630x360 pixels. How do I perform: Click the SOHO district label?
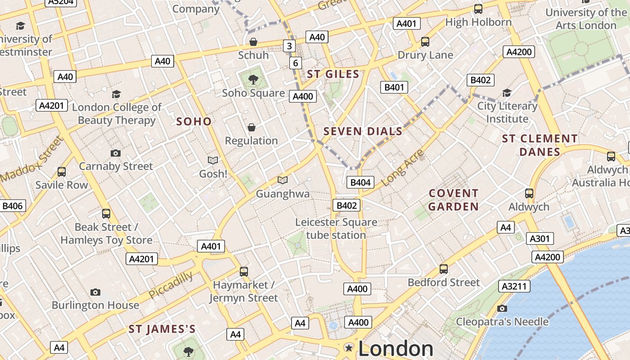(193, 121)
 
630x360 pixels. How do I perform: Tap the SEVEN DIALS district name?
(363, 131)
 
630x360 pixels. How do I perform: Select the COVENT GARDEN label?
(453, 200)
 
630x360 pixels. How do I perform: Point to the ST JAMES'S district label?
(162, 329)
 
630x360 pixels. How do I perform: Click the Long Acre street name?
(403, 168)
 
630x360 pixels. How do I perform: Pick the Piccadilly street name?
(171, 285)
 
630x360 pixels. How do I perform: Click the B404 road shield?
(360, 182)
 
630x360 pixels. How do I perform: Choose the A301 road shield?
(539, 238)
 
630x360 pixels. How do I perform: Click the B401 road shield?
(394, 87)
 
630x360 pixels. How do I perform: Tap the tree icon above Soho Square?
(253, 80)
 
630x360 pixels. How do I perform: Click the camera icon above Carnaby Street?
(116, 153)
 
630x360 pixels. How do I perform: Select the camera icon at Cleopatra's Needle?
(502, 308)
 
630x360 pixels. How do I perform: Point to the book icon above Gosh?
(213, 160)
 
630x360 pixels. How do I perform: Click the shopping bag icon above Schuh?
(253, 42)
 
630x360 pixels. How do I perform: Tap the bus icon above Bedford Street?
(444, 269)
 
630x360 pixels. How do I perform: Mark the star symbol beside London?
(349, 347)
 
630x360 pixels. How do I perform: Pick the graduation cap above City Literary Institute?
(507, 93)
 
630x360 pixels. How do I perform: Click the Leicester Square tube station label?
(336, 229)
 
